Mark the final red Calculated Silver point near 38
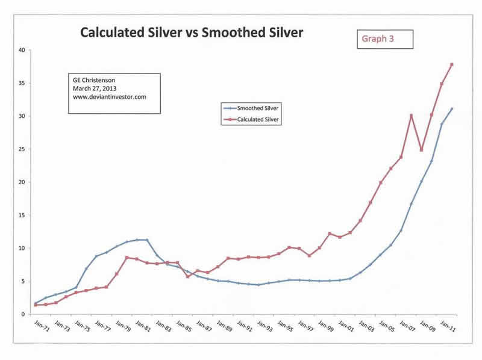tap(452, 64)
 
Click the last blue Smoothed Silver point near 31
tap(452, 109)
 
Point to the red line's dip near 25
tap(421, 150)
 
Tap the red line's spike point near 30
tap(411, 116)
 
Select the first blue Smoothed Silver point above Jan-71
tap(36, 303)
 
